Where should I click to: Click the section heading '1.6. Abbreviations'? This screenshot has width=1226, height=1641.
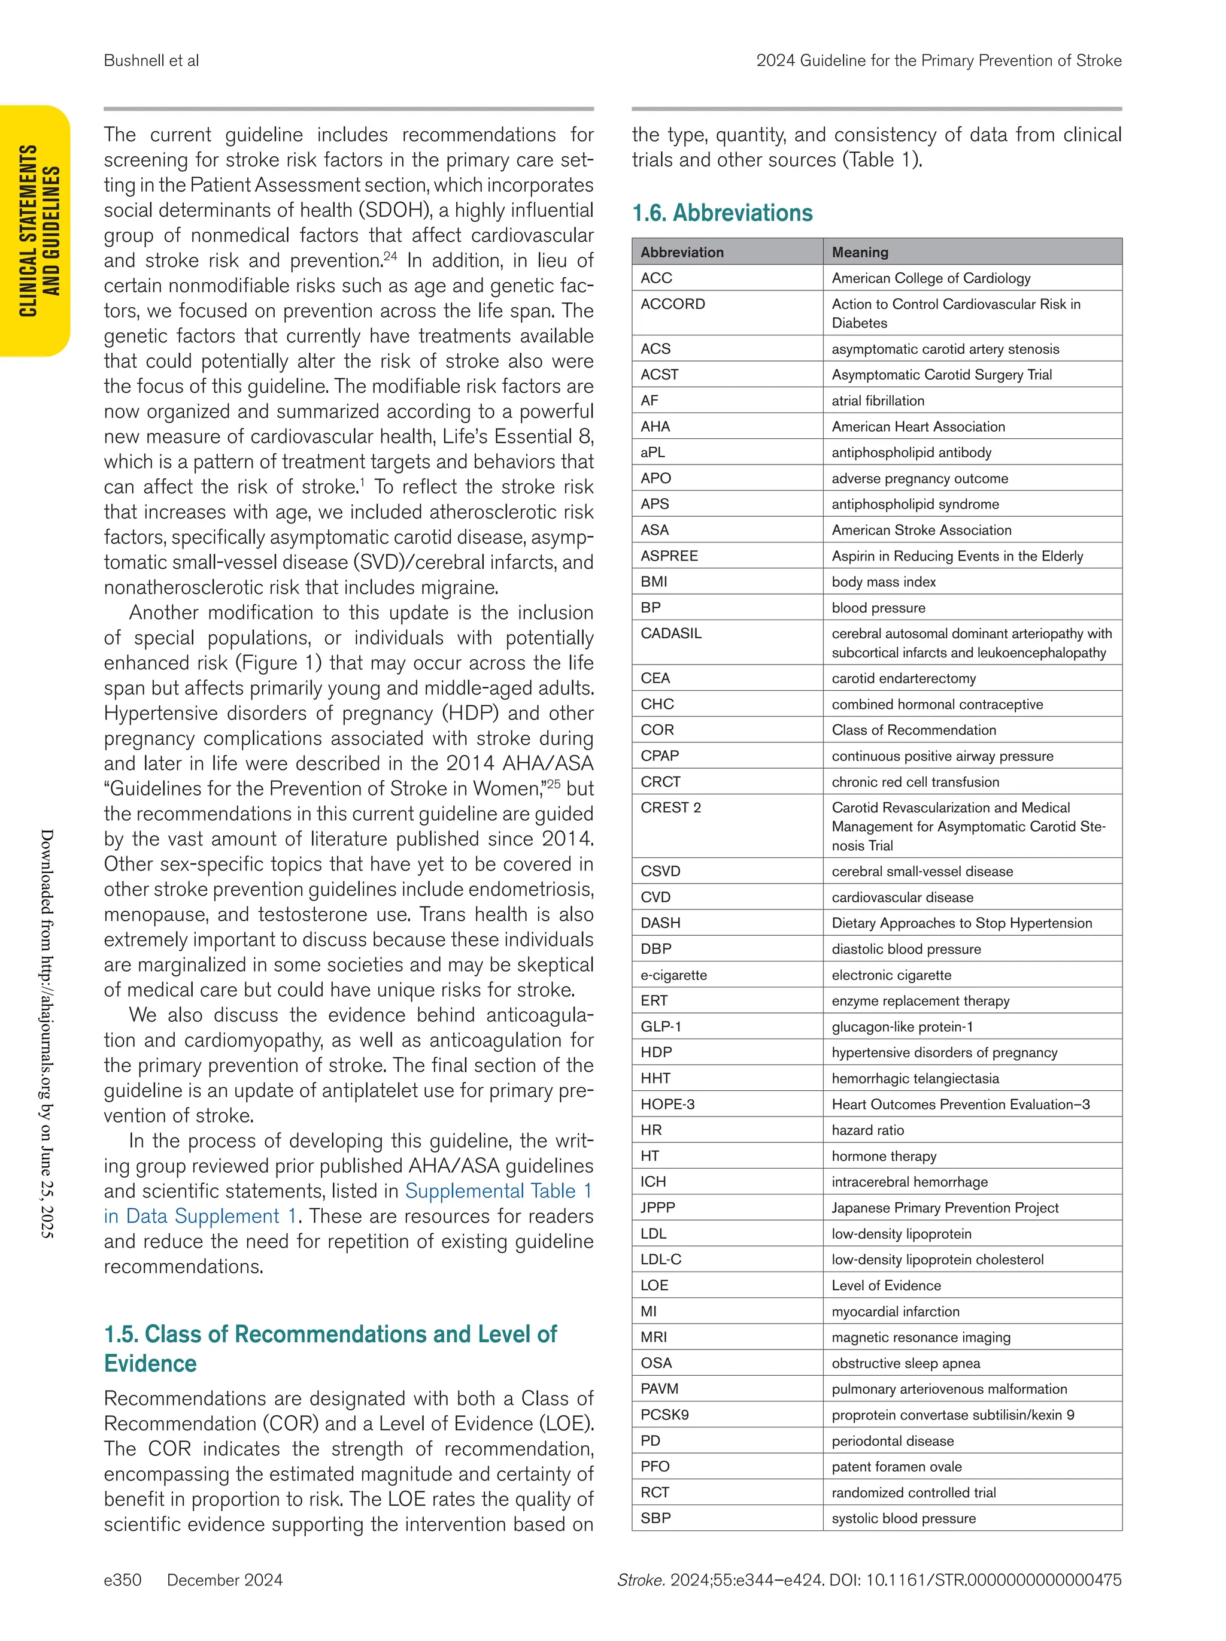(x=722, y=213)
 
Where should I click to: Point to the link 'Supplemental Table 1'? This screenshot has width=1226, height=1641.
(x=497, y=1191)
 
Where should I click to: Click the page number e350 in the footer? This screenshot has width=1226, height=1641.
(x=122, y=1579)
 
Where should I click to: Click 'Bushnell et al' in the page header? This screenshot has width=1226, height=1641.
(x=151, y=61)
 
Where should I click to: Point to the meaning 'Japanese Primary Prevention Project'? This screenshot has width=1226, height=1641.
(x=944, y=1208)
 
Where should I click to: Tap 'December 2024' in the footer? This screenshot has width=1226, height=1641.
(x=224, y=1579)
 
